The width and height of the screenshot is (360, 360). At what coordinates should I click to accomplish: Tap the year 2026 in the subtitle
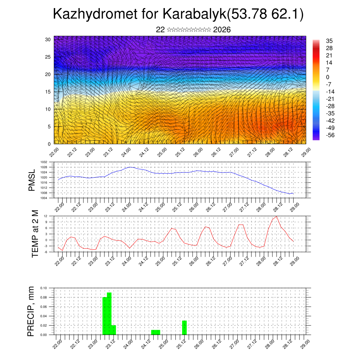click(x=222, y=30)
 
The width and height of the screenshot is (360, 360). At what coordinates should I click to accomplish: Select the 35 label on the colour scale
click(x=329, y=41)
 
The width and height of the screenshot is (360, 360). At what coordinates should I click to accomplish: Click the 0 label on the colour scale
click(x=328, y=77)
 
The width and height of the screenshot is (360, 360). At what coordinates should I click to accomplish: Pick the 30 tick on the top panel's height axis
click(x=48, y=39)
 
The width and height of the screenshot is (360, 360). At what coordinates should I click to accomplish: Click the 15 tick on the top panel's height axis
click(x=48, y=92)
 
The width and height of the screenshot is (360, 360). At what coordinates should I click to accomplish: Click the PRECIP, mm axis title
click(x=32, y=311)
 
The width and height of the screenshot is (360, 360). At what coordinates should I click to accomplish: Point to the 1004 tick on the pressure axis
click(x=44, y=198)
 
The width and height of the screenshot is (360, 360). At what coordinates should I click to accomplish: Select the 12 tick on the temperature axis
click(x=45, y=216)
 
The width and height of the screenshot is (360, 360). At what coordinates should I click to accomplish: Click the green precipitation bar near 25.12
click(x=184, y=328)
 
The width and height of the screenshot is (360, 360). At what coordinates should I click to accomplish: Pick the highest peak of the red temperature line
click(x=277, y=216)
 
